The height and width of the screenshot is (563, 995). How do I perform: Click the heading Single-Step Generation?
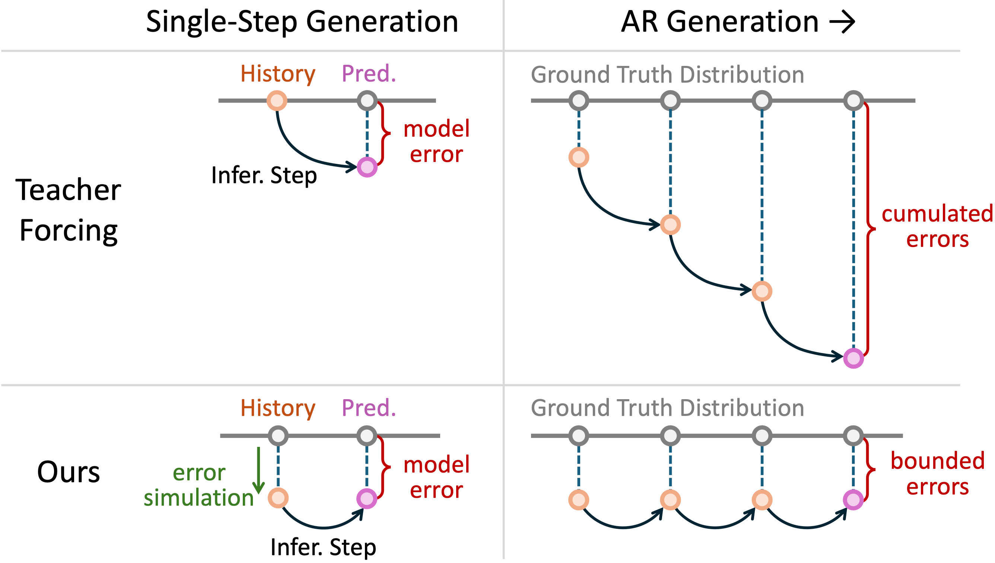302,22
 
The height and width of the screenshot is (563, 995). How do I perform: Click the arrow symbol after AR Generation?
842,22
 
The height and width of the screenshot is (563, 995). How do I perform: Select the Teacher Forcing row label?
69,210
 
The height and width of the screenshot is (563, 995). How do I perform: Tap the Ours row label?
69,472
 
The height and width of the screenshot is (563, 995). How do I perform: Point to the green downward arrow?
258,470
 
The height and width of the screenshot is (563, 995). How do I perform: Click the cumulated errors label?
937,227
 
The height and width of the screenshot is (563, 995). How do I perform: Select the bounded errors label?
937,474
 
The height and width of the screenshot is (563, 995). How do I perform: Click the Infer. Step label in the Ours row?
323,547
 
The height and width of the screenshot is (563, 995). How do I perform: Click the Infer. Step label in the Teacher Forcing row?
264,175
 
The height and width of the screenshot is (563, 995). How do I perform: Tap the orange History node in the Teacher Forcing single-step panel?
277,101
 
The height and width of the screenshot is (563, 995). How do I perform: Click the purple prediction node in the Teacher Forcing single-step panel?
367,167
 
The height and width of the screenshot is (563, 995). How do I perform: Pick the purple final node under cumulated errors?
853,358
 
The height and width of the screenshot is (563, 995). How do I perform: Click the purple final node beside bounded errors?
853,500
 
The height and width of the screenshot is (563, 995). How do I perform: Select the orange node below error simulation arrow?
278,498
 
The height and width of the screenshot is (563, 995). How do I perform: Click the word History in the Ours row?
278,408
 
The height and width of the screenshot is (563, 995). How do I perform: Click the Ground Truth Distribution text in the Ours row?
667,408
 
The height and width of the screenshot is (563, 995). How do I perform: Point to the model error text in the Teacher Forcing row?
436,141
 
